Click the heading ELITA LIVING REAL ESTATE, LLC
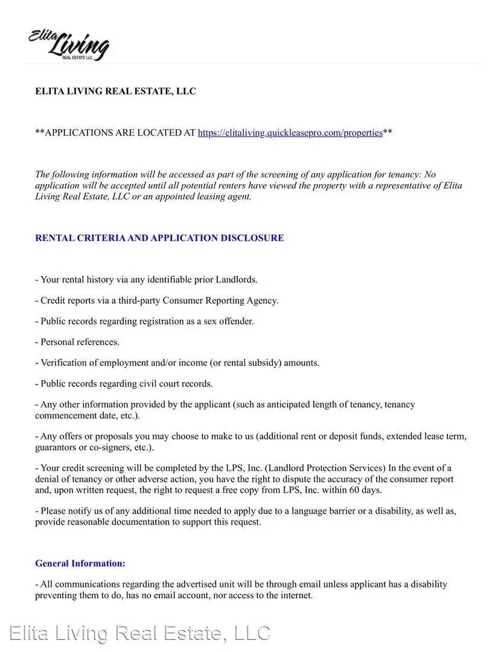pos(115,91)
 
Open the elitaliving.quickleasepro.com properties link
pos(290,133)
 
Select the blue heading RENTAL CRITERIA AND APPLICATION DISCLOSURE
pos(159,238)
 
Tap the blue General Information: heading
pos(80,563)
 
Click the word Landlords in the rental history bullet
pos(237,280)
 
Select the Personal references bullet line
pos(77,342)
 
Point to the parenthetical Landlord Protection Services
pos(326,468)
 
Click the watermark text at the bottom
pos(141,633)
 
